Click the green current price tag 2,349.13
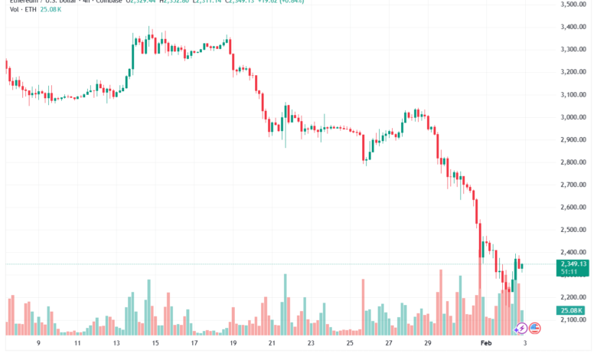573,263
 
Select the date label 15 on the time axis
156,345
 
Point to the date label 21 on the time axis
272,345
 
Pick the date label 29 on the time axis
427,345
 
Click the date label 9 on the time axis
38,345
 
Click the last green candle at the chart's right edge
522,266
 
